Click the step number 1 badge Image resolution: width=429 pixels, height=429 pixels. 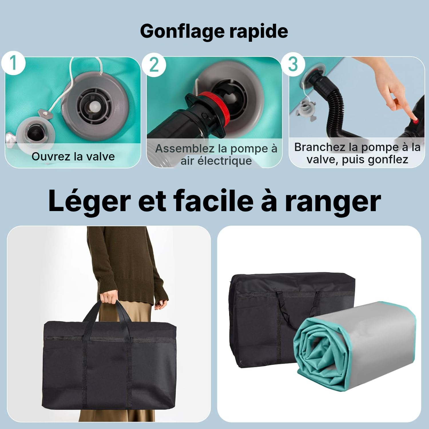pyautogui.click(x=13, y=63)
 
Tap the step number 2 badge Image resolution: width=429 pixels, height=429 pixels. pyautogui.click(x=154, y=65)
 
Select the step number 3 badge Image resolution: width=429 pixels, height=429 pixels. pyautogui.click(x=293, y=64)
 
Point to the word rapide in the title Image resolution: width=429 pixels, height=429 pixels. pyautogui.click(x=259, y=31)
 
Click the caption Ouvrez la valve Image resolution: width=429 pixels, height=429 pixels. pyautogui.click(x=73, y=156)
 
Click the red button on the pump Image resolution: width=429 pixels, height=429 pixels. pyautogui.click(x=415, y=121)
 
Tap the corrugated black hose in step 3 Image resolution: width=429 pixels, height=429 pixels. pyautogui.click(x=332, y=106)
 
